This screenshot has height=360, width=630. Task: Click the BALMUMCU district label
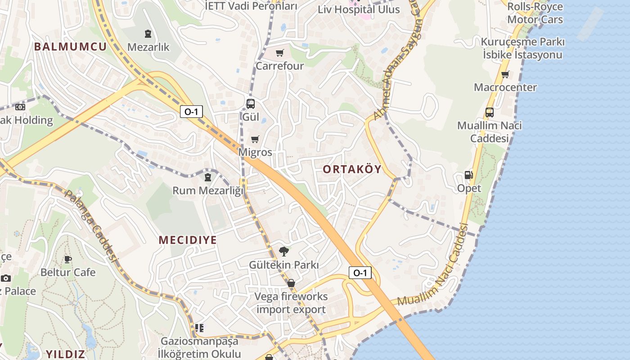click(x=70, y=46)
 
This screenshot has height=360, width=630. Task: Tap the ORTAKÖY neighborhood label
click(x=352, y=169)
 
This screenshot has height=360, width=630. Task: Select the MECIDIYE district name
click(x=188, y=240)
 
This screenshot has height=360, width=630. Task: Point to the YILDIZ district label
click(x=65, y=353)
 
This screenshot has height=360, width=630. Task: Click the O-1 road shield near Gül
click(x=191, y=112)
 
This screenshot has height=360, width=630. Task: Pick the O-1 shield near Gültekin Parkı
click(x=360, y=272)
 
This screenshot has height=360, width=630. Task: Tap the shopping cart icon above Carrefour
click(x=279, y=53)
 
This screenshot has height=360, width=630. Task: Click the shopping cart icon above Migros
click(x=255, y=139)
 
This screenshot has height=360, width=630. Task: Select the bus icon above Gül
click(x=251, y=104)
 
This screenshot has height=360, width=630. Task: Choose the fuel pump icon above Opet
click(x=469, y=175)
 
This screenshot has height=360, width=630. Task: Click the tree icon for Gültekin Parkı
click(x=283, y=251)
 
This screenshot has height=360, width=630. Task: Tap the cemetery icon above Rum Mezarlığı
click(x=208, y=177)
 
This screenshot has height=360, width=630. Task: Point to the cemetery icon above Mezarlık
click(x=148, y=33)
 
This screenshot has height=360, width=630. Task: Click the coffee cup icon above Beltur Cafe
click(x=68, y=259)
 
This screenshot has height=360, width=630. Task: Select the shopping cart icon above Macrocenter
click(x=505, y=74)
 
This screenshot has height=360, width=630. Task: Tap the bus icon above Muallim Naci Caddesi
click(x=489, y=112)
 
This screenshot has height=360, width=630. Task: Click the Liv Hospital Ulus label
click(x=359, y=9)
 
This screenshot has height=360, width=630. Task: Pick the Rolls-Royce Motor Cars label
click(x=535, y=13)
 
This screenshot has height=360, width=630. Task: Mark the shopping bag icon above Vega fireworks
click(x=291, y=283)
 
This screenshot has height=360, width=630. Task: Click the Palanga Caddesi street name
click(x=90, y=225)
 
